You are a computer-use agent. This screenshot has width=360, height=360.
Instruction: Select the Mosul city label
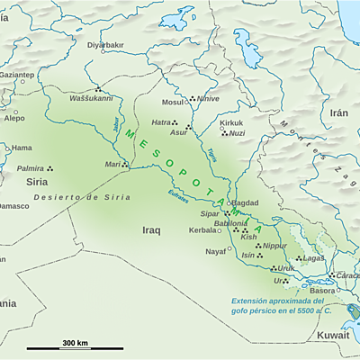172,102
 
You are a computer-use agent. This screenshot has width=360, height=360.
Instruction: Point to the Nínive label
207,99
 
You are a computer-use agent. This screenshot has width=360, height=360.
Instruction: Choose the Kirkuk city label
232,122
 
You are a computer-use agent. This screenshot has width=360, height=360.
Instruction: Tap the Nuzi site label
237,133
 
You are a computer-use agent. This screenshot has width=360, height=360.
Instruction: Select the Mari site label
112,165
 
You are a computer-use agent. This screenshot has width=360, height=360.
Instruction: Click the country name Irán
338,112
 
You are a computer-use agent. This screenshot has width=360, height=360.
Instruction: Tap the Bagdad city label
246,203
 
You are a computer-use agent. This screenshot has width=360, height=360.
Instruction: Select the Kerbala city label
202,229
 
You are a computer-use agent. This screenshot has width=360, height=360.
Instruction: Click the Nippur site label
274,245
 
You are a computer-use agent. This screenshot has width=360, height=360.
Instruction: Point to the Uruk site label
286,268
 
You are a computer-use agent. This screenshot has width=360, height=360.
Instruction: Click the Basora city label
322,291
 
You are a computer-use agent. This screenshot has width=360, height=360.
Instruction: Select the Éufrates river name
179,192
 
